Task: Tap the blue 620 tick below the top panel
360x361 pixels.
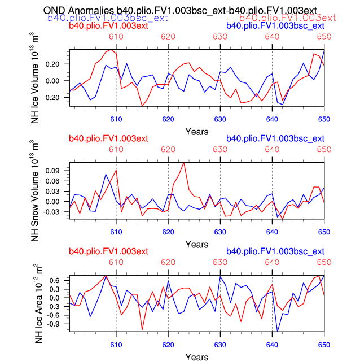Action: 168,119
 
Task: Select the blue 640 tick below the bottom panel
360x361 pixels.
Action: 272,345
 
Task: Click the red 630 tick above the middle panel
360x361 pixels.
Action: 220,150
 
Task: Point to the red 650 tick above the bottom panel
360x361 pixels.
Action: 324,263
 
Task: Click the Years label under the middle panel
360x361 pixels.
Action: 196,245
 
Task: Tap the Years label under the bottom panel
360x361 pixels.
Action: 196,357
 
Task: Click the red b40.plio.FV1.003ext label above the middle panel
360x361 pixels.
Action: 108,138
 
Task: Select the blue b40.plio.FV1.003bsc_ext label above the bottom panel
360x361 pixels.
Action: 275,251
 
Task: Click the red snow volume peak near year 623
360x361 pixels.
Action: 183,163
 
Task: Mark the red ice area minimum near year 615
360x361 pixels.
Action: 142,329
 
